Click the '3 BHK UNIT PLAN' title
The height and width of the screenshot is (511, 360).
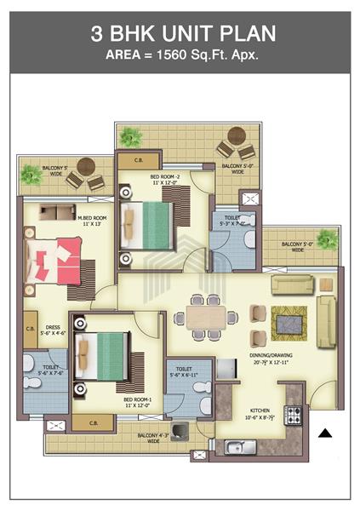click(180, 35)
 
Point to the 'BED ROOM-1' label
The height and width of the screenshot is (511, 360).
click(137, 399)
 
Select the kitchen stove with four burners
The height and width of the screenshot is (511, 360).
click(294, 416)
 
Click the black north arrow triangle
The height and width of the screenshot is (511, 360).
click(324, 433)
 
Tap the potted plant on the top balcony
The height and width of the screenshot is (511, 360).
click(131, 136)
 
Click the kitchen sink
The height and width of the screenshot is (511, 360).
click(235, 446)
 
